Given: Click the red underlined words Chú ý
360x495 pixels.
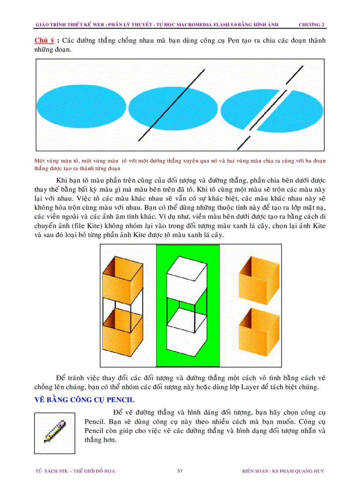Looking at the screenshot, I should point(44,41).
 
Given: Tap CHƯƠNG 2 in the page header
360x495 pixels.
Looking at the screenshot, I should point(311,24).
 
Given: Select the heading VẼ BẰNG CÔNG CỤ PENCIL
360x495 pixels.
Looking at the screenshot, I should point(84,400).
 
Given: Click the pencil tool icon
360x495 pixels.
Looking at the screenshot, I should point(55,432).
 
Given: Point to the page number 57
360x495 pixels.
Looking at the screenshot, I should point(180,471).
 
